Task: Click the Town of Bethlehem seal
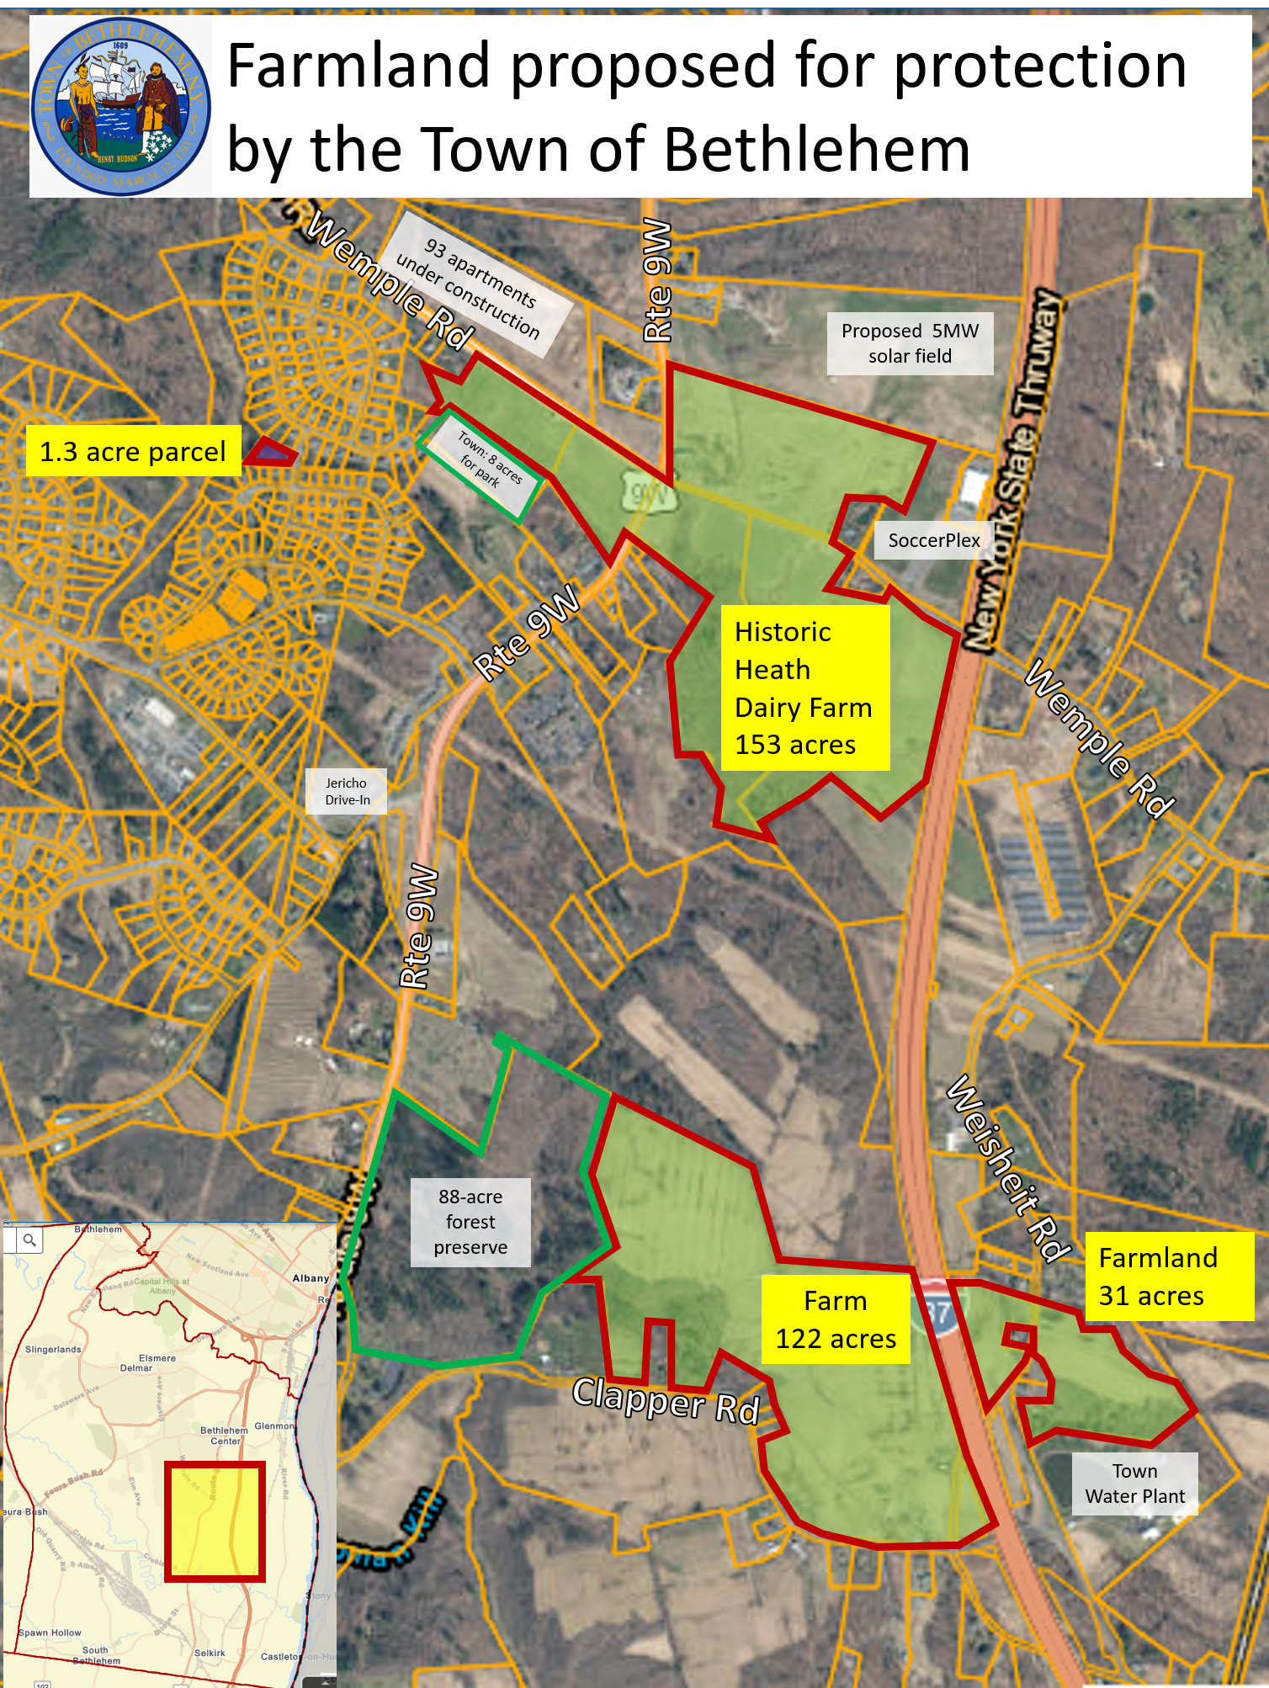coord(120,107)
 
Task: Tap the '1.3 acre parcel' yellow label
coord(133,452)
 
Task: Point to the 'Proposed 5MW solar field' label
coord(910,343)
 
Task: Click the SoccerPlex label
coord(933,540)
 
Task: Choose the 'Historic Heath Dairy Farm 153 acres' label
coord(804,687)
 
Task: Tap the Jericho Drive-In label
coord(347,791)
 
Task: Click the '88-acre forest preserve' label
coord(470,1222)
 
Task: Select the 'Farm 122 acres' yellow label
coord(835,1319)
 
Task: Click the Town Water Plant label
coord(1134,1484)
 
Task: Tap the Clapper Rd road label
coord(666,1400)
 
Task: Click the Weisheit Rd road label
coord(1008,1170)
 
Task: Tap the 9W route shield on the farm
coord(649,493)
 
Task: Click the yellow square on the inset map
coord(215,1521)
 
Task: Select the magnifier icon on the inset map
coord(30,1239)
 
